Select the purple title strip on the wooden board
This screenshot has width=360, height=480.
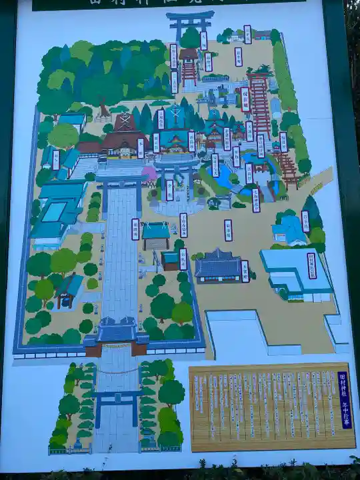tap(343, 399)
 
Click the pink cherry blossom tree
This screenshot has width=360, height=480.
tap(150, 175)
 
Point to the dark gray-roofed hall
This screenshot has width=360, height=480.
tap(217, 265)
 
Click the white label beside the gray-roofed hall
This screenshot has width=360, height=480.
tap(245, 271)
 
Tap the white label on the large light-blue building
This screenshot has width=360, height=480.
tap(311, 265)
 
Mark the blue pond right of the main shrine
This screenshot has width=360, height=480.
tap(223, 175)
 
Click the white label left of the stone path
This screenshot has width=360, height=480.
tap(135, 229)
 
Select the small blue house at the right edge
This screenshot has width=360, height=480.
tap(289, 230)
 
